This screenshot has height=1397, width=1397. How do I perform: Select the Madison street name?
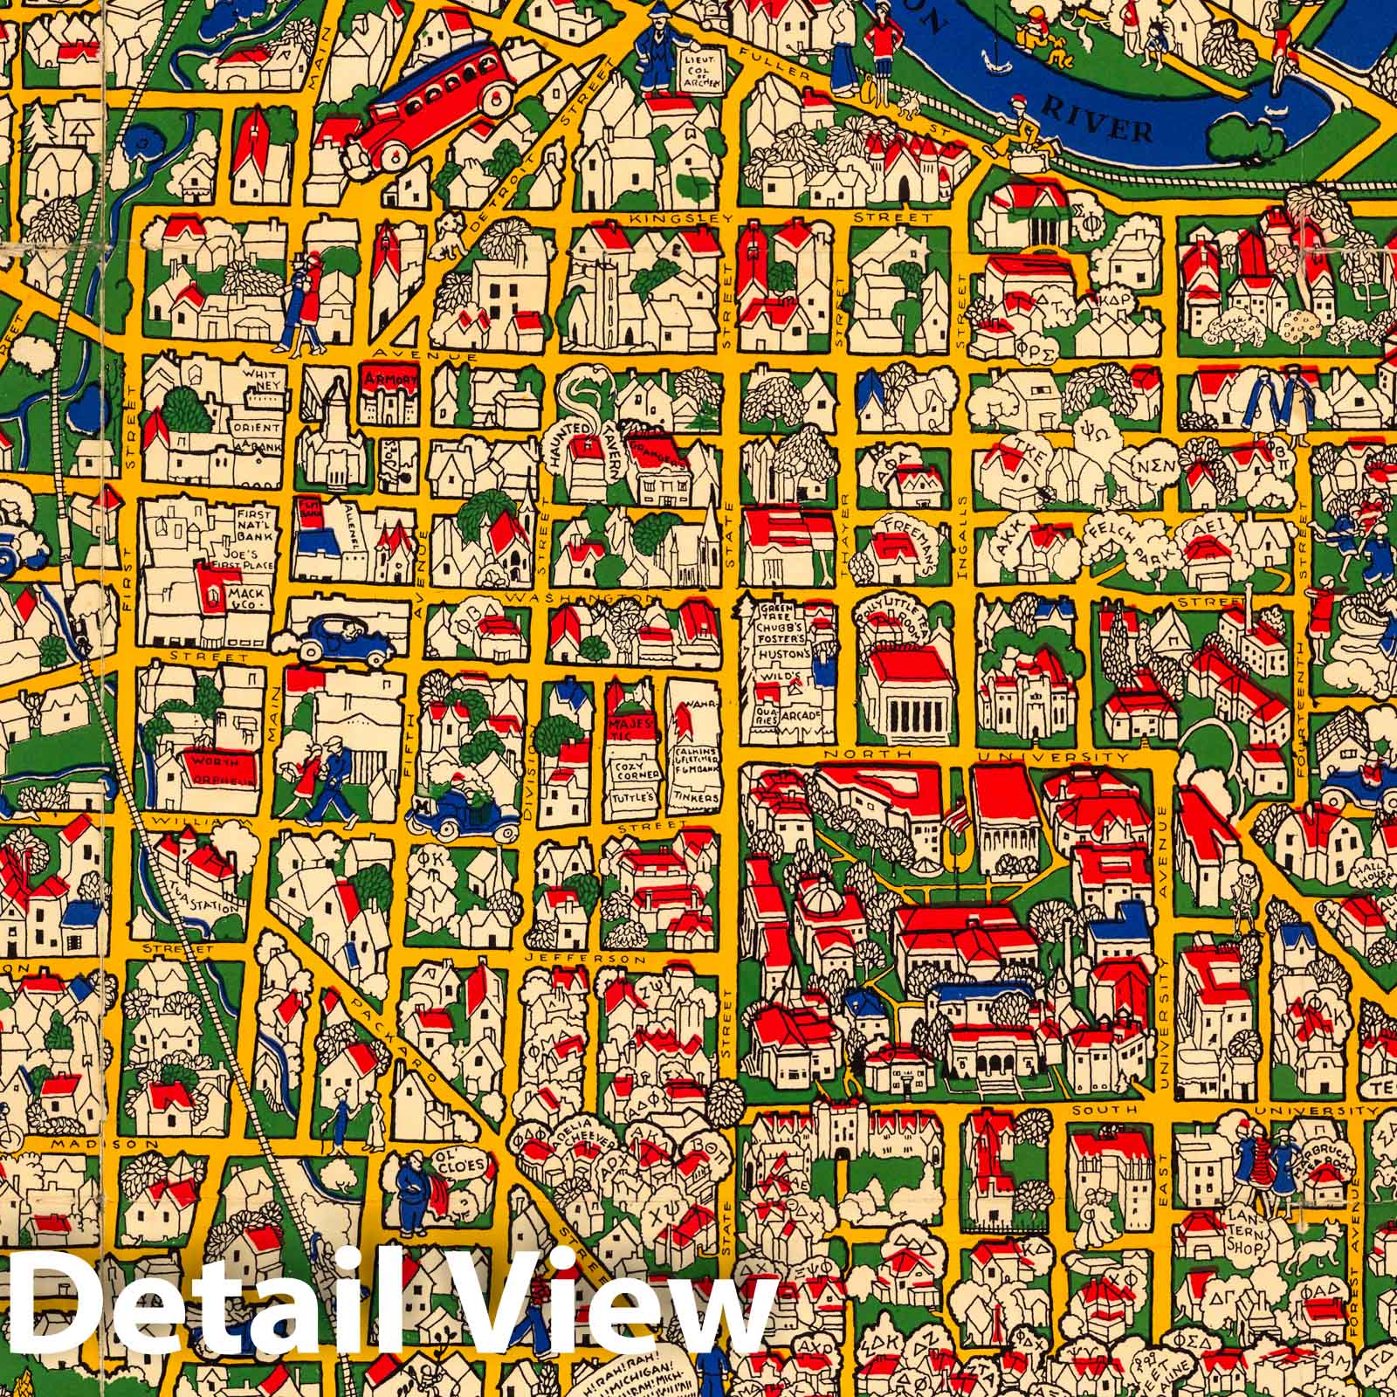click(x=91, y=1145)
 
